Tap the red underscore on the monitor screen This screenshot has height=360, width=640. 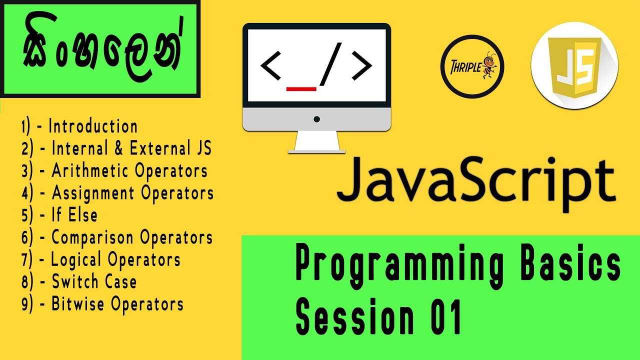(301, 89)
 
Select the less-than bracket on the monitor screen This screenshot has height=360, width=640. (271, 65)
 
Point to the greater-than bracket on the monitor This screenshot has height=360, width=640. (361, 65)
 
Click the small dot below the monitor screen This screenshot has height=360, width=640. (316, 119)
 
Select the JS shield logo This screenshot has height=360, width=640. (574, 66)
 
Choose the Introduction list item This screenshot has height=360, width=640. (93, 126)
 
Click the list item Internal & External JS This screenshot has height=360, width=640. (131, 148)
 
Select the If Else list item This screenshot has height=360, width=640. (74, 215)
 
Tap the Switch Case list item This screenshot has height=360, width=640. (94, 281)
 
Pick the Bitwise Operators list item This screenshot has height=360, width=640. (117, 304)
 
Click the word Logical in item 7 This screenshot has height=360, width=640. (77, 259)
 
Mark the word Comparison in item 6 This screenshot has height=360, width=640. (93, 237)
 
